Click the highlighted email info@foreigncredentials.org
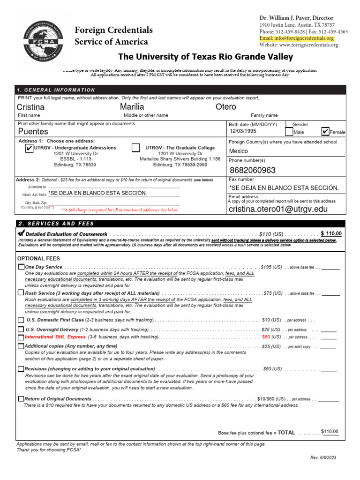point(296,38)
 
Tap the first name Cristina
point(30,107)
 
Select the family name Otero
point(225,107)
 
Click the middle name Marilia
point(132,107)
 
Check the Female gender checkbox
point(325,132)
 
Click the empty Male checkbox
point(288,132)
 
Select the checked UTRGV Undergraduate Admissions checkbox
point(29,148)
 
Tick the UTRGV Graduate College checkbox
point(135,148)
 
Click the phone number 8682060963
point(252,170)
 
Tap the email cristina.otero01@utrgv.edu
point(278,209)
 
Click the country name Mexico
point(238,151)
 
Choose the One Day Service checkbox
point(21,267)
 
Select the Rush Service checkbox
point(21,293)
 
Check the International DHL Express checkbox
point(21,337)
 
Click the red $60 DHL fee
point(266,337)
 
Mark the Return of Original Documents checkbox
point(21,399)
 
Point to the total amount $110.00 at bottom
point(330,432)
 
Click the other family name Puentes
point(33,132)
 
